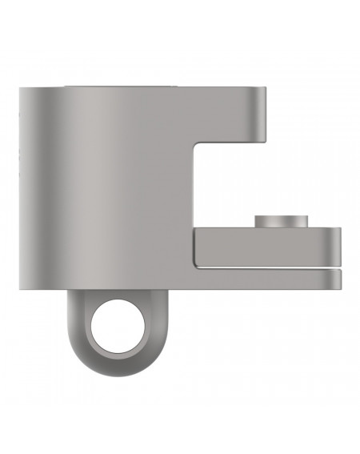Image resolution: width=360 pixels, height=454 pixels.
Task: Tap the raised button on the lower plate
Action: coord(281,222)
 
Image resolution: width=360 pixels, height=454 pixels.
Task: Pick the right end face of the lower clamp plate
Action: coord(338,247)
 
